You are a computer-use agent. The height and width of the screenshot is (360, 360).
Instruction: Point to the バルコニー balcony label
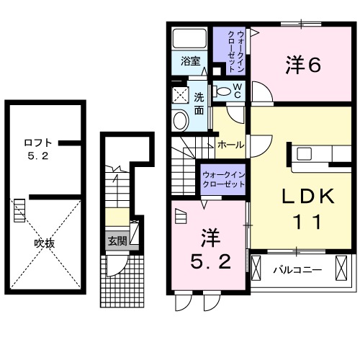[296, 271]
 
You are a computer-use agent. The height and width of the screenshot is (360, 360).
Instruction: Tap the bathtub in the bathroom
[191, 38]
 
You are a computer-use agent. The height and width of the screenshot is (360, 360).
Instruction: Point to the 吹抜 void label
[45, 243]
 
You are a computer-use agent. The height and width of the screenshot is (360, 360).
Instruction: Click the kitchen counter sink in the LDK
[302, 153]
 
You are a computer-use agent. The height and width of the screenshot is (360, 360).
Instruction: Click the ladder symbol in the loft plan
[19, 213]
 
